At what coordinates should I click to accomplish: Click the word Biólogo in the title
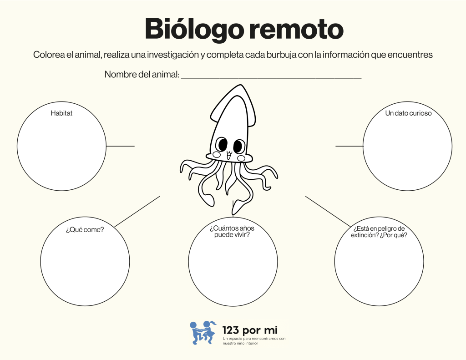pyautogui.click(x=192, y=30)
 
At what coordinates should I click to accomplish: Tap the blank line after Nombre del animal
pyautogui.click(x=271, y=78)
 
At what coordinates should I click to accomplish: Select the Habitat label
pyautogui.click(x=61, y=113)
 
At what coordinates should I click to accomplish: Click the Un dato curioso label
pyautogui.click(x=408, y=113)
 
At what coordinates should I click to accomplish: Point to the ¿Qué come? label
pyautogui.click(x=85, y=229)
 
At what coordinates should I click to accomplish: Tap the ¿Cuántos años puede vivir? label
pyautogui.click(x=232, y=231)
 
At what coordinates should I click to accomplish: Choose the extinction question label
pyautogui.click(x=379, y=232)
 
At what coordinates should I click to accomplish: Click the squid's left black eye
pyautogui.click(x=222, y=144)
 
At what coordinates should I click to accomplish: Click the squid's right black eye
pyautogui.click(x=238, y=146)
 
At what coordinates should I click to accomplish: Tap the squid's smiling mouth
pyautogui.click(x=229, y=156)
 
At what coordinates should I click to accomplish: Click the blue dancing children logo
pyautogui.click(x=203, y=332)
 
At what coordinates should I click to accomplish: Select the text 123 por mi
pyautogui.click(x=250, y=330)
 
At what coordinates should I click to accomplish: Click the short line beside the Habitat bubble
pyautogui.click(x=120, y=146)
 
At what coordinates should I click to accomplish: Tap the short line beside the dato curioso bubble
pyautogui.click(x=349, y=146)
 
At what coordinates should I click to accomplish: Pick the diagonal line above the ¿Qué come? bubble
pyautogui.click(x=137, y=211)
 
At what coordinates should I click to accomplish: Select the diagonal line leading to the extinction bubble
pyautogui.click(x=328, y=211)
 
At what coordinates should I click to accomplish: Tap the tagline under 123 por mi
pyautogui.click(x=254, y=341)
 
